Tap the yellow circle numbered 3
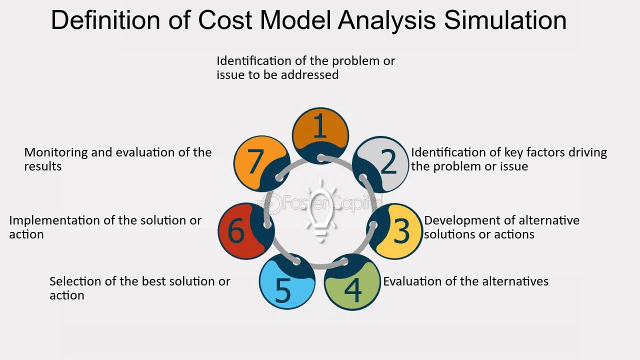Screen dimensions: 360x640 point(395,231)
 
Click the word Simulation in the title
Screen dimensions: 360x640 point(505,20)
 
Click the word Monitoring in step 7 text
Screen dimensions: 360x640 point(55,152)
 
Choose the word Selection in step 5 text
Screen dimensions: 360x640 point(74,281)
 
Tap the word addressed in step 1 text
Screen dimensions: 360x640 point(309,75)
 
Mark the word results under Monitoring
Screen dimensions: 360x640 point(42,166)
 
